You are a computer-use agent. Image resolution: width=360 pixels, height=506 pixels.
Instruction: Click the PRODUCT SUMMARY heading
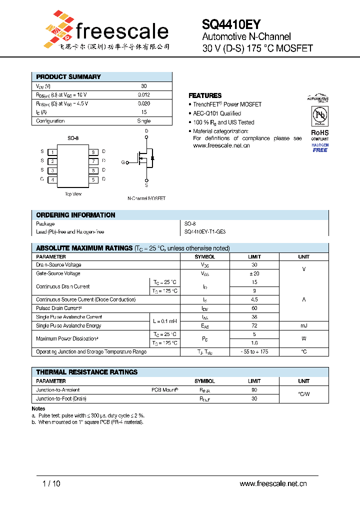click(x=68, y=77)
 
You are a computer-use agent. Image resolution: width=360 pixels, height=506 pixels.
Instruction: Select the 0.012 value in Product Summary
click(x=144, y=94)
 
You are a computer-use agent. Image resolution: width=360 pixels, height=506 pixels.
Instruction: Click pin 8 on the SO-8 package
click(x=93, y=151)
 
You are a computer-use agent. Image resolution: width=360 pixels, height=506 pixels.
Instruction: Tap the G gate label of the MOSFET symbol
click(x=123, y=162)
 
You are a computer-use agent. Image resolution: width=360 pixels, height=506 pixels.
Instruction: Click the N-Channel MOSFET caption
click(x=146, y=198)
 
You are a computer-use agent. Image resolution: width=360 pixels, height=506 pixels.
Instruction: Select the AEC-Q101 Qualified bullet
click(x=217, y=113)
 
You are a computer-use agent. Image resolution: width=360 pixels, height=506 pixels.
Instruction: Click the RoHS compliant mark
click(x=320, y=135)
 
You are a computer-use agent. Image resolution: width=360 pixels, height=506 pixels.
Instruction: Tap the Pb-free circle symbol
click(x=319, y=116)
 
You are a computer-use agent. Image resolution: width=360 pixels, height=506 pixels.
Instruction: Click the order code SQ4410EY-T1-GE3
click(x=205, y=232)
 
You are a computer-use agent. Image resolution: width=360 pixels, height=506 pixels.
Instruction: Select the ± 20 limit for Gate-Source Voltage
click(x=254, y=273)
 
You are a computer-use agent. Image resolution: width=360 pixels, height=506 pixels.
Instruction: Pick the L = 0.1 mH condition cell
click(x=164, y=321)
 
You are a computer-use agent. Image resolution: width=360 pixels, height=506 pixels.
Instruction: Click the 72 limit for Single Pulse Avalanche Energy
click(x=254, y=325)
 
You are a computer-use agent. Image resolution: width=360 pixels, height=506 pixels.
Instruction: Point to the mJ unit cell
click(x=303, y=325)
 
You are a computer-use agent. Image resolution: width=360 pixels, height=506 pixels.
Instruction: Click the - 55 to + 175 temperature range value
click(x=254, y=352)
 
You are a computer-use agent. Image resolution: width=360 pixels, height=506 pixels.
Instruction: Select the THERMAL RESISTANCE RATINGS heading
click(x=87, y=372)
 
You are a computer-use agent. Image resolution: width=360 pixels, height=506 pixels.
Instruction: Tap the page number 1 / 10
click(x=51, y=483)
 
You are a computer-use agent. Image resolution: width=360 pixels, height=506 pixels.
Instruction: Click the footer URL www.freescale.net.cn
click(x=273, y=483)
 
